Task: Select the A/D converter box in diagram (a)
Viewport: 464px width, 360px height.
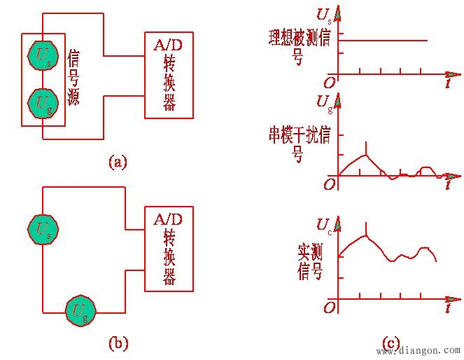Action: (169, 75)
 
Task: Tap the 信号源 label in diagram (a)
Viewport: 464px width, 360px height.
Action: (73, 77)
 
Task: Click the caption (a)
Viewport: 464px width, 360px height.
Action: (118, 162)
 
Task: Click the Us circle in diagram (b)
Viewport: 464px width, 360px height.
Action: (42, 228)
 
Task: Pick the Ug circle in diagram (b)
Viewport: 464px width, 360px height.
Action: (80, 310)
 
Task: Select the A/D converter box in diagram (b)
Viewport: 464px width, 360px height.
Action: (169, 249)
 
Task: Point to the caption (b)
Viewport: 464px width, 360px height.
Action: (118, 342)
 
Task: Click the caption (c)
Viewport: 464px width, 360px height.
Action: (391, 342)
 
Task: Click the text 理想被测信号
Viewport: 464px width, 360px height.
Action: (299, 46)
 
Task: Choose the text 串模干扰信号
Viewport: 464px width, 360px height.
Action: (299, 143)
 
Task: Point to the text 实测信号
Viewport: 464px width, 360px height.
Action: (310, 261)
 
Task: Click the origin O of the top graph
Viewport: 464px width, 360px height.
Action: (329, 83)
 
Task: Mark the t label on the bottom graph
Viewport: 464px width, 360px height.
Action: (447, 307)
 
